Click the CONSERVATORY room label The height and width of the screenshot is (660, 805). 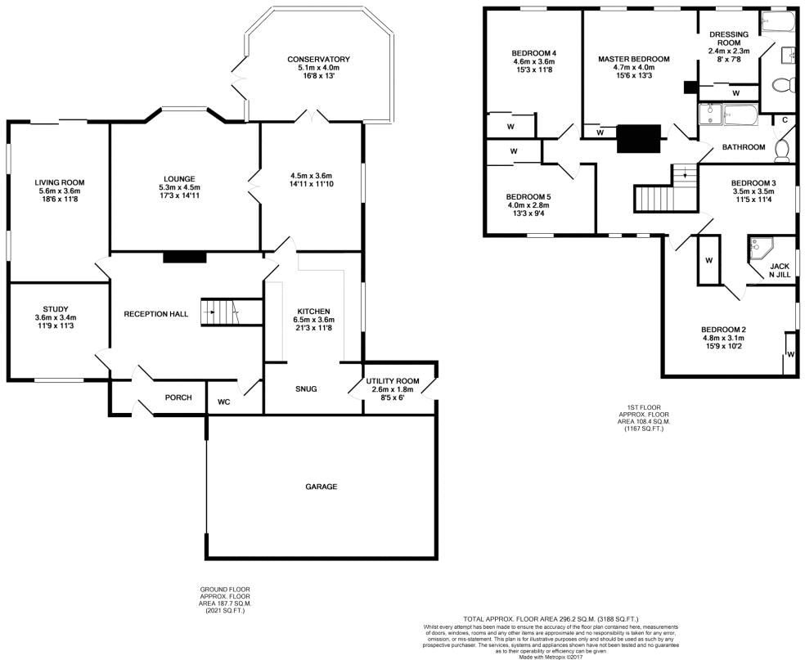click(318, 60)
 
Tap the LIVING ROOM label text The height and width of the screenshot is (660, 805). click(59, 182)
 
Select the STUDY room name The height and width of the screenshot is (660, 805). click(56, 308)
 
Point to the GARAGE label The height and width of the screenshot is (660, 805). click(321, 487)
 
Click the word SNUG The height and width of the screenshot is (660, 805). click(306, 389)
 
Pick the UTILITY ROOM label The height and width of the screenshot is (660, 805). click(393, 381)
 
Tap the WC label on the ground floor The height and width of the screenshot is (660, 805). click(223, 402)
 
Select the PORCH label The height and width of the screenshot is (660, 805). click(178, 397)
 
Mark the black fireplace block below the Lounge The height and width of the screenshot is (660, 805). click(184, 257)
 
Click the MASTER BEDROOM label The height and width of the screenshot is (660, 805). click(633, 60)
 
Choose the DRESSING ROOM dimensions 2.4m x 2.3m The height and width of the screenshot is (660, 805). click(728, 51)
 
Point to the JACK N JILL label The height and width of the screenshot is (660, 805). click(780, 272)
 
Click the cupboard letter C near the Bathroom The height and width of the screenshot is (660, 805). click(785, 120)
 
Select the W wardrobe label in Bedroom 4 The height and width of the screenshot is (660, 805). click(510, 127)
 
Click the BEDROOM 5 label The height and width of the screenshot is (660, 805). click(528, 197)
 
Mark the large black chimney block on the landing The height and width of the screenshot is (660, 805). click(638, 138)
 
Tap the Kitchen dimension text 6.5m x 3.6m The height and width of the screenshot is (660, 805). click(313, 320)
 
